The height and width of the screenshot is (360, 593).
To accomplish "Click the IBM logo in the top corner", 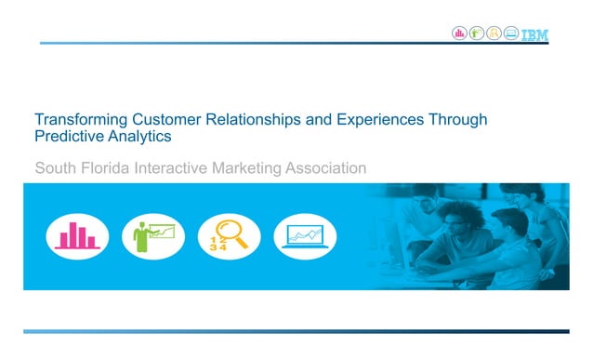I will click(x=534, y=34).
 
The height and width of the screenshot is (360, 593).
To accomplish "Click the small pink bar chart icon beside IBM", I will click(x=459, y=34).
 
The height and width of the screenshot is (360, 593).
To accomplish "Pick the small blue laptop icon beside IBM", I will click(x=509, y=34).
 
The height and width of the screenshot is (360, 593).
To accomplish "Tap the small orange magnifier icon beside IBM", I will click(x=493, y=34).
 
